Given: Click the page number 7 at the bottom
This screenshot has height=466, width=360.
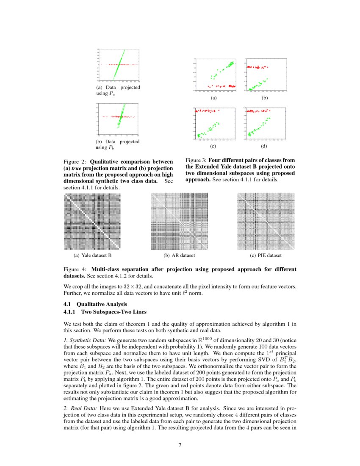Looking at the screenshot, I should pyautogui.click(x=180, y=445).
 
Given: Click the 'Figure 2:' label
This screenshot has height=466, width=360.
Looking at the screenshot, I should pyautogui.click(x=75, y=162).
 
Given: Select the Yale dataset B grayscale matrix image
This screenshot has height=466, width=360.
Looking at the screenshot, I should pyautogui.click(x=92, y=222).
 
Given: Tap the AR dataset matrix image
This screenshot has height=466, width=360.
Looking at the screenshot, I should pyautogui.click(x=179, y=222).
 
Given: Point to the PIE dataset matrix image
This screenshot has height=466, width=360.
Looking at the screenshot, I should pyautogui.click(x=266, y=222).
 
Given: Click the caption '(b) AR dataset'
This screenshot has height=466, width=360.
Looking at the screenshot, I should pyautogui.click(x=179, y=256).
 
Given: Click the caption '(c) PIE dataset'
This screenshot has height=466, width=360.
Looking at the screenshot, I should pyautogui.click(x=266, y=256).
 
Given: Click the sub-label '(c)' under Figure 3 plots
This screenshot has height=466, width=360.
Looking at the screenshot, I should pyautogui.click(x=213, y=146).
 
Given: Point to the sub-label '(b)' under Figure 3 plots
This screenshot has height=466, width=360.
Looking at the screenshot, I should pyautogui.click(x=265, y=98).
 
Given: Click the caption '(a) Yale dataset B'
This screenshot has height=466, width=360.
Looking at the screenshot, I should pyautogui.click(x=92, y=256).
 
